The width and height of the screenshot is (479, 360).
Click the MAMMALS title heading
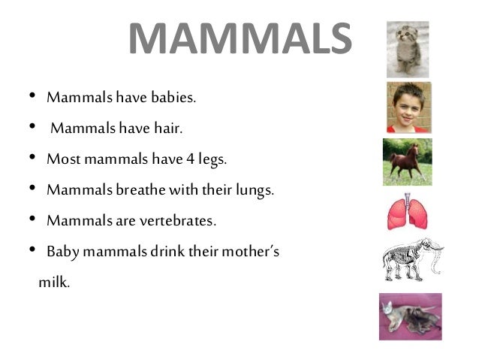238,38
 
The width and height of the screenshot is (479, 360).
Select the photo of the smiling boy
408,107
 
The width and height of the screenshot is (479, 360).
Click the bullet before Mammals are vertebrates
32,221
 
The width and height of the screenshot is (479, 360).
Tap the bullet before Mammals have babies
32,96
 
